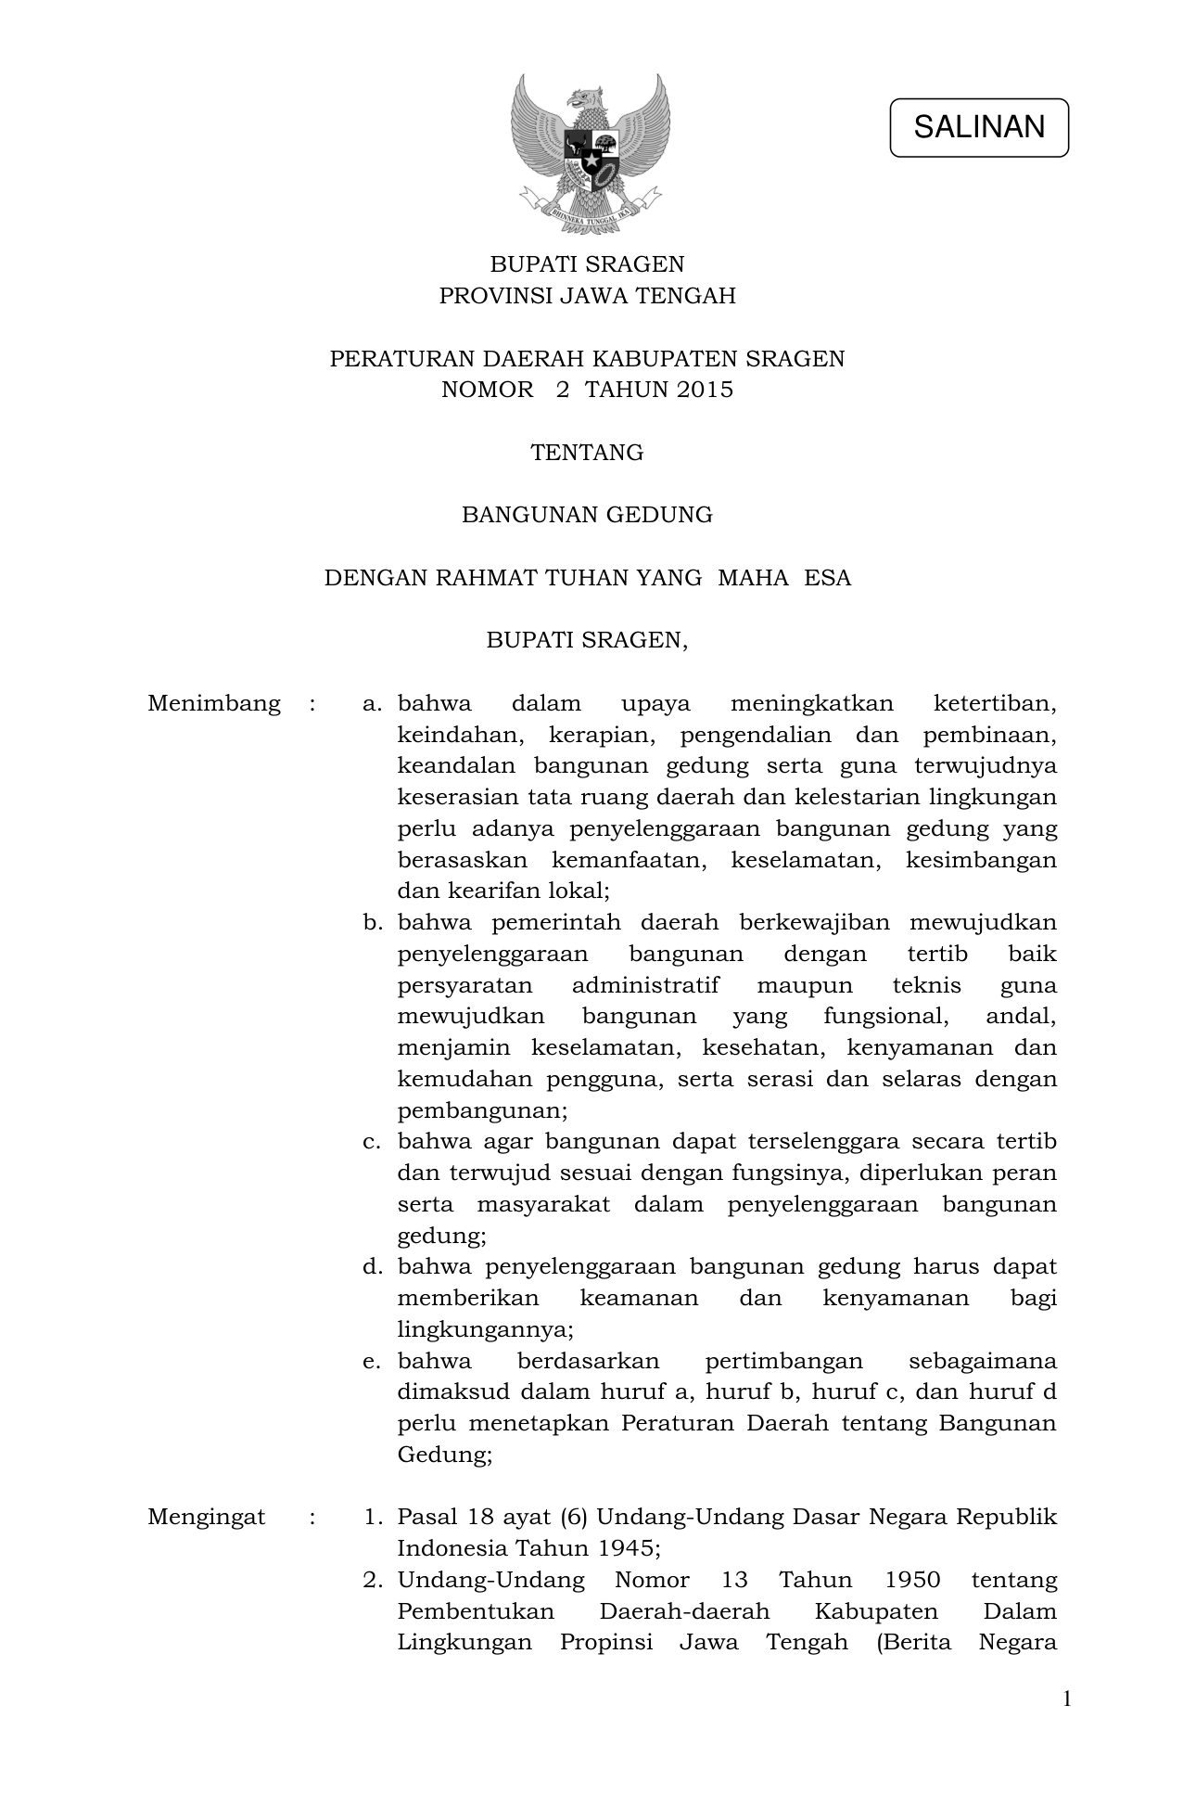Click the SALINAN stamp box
click(x=978, y=127)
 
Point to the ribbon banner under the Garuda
click(x=591, y=208)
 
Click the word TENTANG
click(x=587, y=453)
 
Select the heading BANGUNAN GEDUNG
click(x=587, y=515)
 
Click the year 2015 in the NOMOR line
click(x=704, y=390)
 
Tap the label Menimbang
click(x=213, y=703)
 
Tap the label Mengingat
click(x=206, y=1517)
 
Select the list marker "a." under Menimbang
click(x=373, y=703)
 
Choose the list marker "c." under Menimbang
click(x=373, y=1141)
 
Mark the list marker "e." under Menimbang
click(x=373, y=1361)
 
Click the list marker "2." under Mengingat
click(x=373, y=1580)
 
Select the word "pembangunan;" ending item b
click(x=482, y=1110)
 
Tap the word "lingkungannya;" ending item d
click(x=485, y=1329)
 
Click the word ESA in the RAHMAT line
click(x=827, y=578)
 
